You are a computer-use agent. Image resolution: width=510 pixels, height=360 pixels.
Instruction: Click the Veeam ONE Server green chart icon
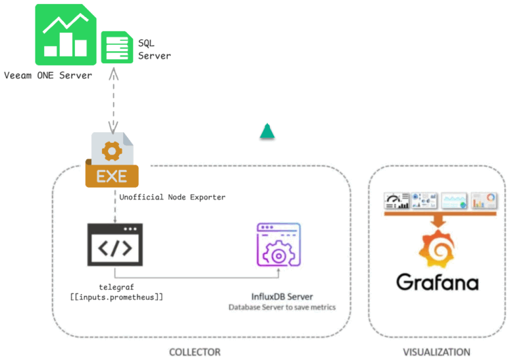[x=67, y=32]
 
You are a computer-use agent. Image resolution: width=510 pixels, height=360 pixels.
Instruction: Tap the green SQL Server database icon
[x=116, y=48]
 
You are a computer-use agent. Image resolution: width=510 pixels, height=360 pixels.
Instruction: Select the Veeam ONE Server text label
[x=48, y=76]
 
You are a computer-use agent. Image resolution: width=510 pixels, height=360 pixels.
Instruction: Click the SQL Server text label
[x=154, y=49]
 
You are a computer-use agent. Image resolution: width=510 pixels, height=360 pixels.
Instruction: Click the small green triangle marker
[x=267, y=131]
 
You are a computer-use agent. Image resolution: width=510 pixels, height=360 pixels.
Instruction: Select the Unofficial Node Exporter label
[x=172, y=197]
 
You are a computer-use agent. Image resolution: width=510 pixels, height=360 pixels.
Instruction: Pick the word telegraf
[x=114, y=286]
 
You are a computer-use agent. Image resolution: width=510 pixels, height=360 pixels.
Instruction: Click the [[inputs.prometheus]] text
[x=116, y=297]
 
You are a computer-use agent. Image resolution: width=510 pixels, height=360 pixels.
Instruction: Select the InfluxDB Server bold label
[x=282, y=296]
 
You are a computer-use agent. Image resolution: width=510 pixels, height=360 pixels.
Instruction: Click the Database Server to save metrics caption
[x=282, y=308]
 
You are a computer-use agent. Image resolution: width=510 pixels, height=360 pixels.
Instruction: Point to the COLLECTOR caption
[x=194, y=352]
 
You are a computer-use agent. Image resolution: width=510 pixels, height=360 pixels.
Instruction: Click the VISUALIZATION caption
[x=436, y=352]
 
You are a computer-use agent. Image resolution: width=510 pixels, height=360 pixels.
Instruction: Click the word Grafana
[x=438, y=281]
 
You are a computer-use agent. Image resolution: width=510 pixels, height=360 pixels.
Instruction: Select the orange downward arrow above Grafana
[x=438, y=220]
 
